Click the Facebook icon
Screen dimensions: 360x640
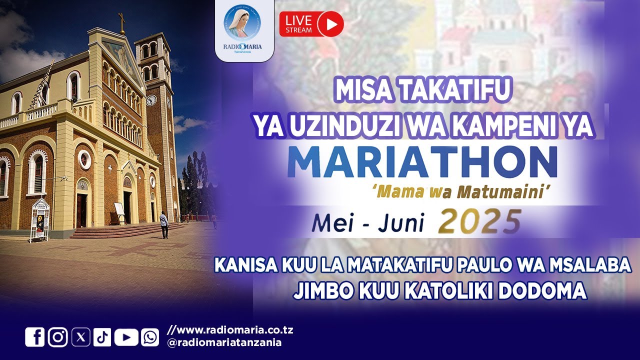[x=35, y=337]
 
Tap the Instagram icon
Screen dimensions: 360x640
[x=58, y=337]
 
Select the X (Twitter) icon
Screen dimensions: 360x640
[x=81, y=337]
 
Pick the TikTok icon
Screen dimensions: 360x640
[x=102, y=337]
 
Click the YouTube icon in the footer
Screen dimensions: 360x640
[x=126, y=337]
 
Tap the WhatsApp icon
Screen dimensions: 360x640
[x=149, y=337]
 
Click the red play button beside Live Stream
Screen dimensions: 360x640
[x=330, y=23]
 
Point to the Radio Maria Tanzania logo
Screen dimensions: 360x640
[x=242, y=30]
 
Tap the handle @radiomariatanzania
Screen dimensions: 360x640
[x=224, y=342]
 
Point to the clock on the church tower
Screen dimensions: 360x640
[x=151, y=100]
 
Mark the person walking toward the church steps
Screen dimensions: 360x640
[x=164, y=224]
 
